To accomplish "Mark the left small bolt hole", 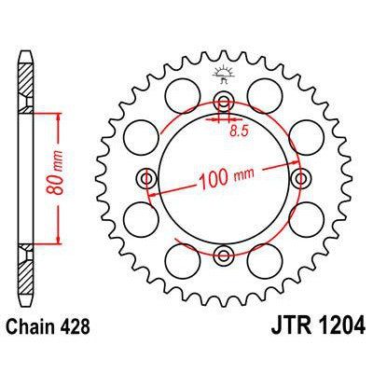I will pyautogui.click(x=145, y=177).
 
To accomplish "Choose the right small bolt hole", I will pyautogui.click(x=299, y=177).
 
